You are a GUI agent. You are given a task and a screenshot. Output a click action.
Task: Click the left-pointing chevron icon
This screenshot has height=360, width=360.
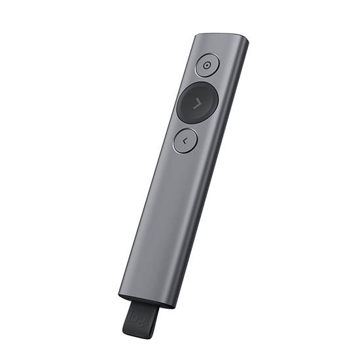pyautogui.click(x=186, y=139)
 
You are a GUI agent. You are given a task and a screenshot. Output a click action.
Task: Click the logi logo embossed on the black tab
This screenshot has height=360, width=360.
pyautogui.click(x=141, y=317)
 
